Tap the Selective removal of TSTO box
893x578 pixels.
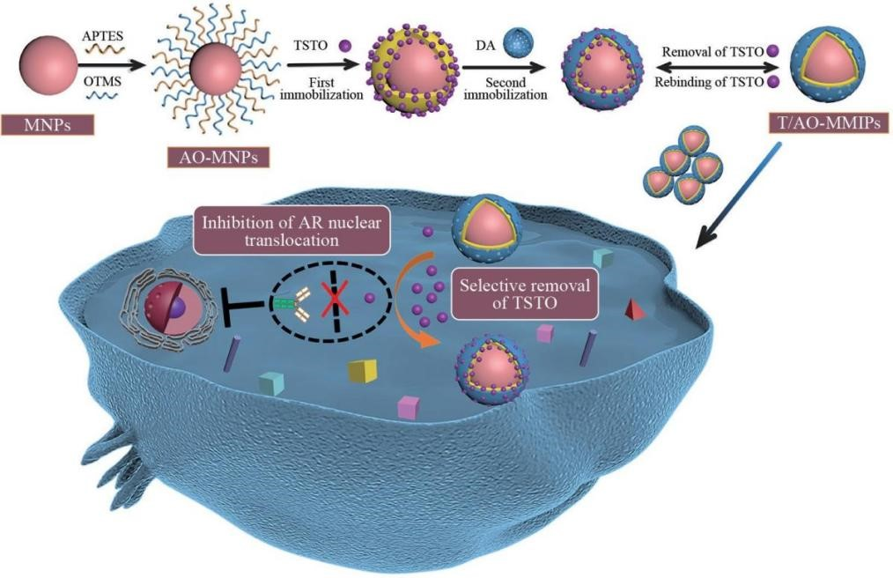[523, 293]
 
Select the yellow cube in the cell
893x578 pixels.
[362, 370]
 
